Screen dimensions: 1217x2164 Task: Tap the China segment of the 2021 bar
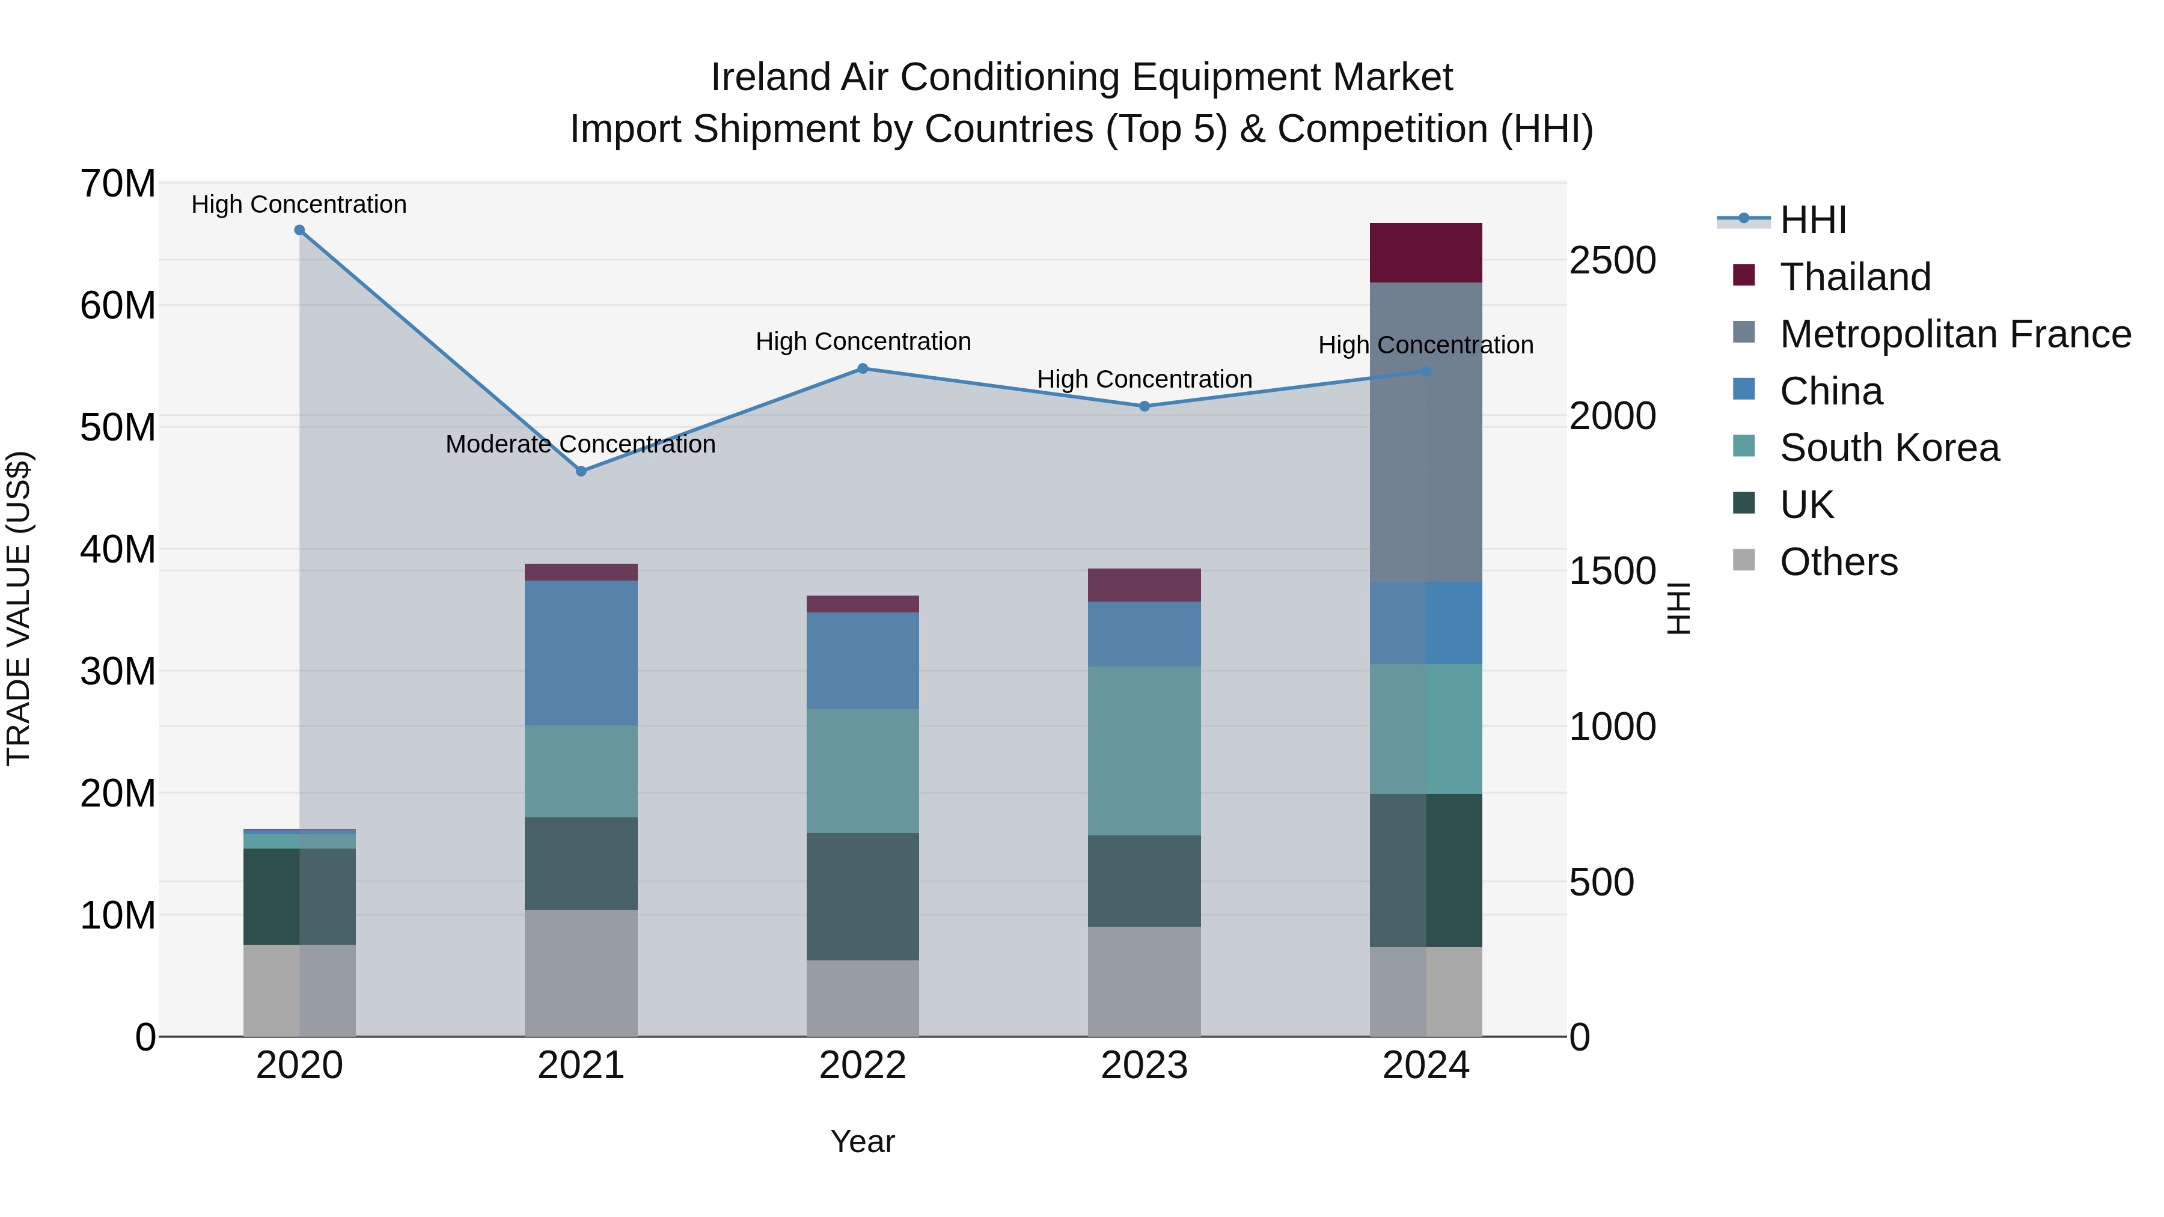[581, 653]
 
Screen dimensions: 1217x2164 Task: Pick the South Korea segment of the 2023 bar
[1144, 750]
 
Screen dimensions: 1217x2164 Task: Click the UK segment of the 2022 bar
[863, 896]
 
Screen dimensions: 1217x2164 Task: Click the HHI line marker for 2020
[299, 230]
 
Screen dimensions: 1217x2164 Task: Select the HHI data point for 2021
[581, 471]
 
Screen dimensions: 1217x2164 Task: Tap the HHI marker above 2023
[1144, 406]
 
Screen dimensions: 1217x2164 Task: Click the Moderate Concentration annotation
[581, 444]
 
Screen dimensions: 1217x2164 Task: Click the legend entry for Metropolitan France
[1955, 334]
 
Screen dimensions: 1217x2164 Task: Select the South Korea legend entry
[1889, 448]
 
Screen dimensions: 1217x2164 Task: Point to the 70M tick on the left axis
[118, 183]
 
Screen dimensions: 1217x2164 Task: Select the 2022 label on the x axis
[863, 1066]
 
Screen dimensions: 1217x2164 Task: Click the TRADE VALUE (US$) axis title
[19, 608]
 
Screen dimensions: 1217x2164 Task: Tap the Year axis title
[863, 1141]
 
